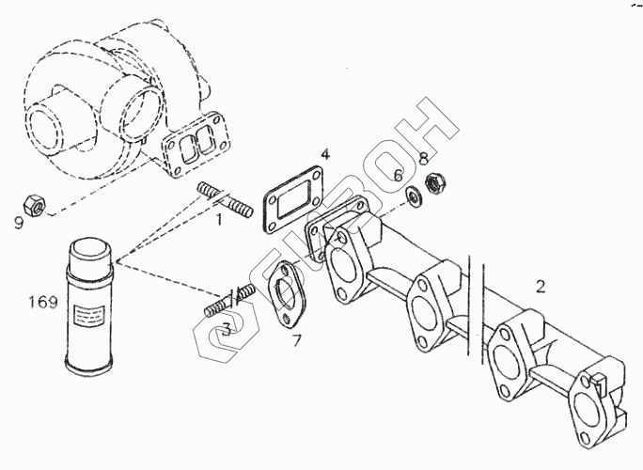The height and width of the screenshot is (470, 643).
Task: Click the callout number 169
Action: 43,303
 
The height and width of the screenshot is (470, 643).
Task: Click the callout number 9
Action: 19,222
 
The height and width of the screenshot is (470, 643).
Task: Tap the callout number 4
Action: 323,154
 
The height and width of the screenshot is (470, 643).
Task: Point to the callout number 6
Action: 399,175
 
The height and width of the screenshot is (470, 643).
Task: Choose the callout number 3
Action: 227,330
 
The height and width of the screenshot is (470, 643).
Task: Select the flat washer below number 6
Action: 412,196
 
